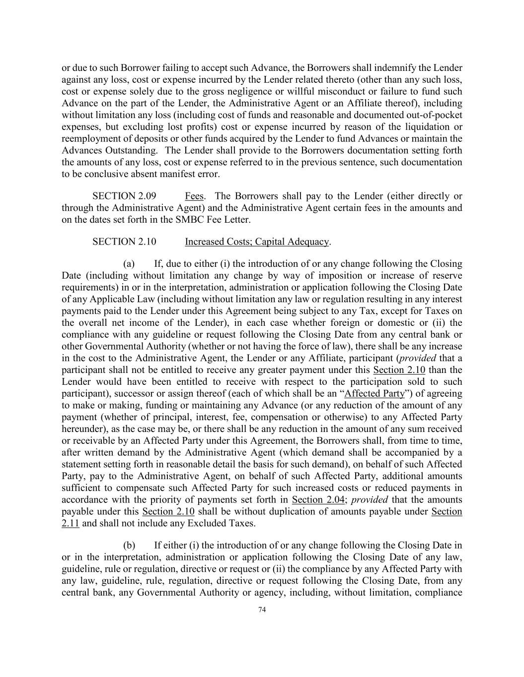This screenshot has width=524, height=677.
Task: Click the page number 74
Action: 262,610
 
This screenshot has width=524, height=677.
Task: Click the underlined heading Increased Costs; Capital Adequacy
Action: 257,242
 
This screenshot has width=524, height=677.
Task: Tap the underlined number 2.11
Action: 70,523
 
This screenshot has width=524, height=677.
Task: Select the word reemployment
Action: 92,138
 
